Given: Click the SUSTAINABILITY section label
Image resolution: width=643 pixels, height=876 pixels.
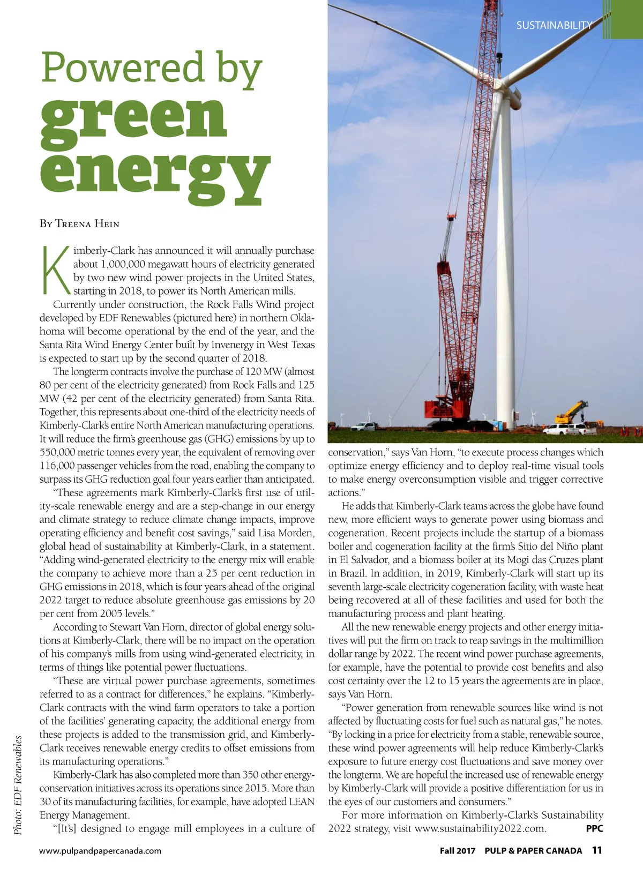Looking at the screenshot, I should (x=554, y=25).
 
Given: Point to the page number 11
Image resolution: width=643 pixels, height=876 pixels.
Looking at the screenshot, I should (x=597, y=850).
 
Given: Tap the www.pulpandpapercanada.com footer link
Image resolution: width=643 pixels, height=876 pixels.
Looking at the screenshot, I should (x=100, y=851).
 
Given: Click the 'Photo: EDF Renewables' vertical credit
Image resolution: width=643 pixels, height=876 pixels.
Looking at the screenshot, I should (x=18, y=785).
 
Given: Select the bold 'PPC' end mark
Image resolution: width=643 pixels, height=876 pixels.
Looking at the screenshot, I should (x=594, y=828).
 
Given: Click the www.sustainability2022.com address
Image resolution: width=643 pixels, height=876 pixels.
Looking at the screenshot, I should (x=480, y=828).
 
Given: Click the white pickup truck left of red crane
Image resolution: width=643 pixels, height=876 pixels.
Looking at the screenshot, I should (x=365, y=427).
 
